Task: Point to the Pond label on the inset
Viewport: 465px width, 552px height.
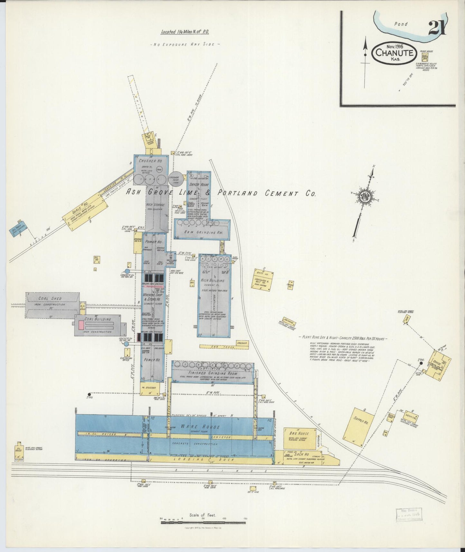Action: [x=401, y=24]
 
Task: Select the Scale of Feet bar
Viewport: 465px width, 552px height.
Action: [x=203, y=521]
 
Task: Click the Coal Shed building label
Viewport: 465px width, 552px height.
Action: [x=50, y=299]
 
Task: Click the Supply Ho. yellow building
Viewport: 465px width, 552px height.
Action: [x=360, y=424]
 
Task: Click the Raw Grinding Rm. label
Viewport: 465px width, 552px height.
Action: [x=202, y=232]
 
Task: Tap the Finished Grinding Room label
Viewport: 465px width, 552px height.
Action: [x=212, y=373]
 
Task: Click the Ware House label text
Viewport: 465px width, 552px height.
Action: [x=200, y=427]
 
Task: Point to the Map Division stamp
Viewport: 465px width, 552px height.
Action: [x=409, y=515]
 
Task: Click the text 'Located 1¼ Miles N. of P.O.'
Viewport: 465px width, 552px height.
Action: [x=185, y=32]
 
